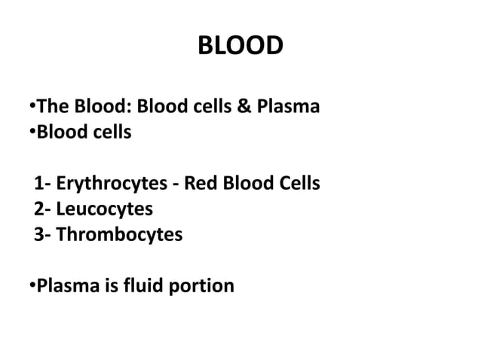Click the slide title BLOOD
[240, 47]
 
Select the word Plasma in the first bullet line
[290, 107]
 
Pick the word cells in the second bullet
[110, 133]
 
